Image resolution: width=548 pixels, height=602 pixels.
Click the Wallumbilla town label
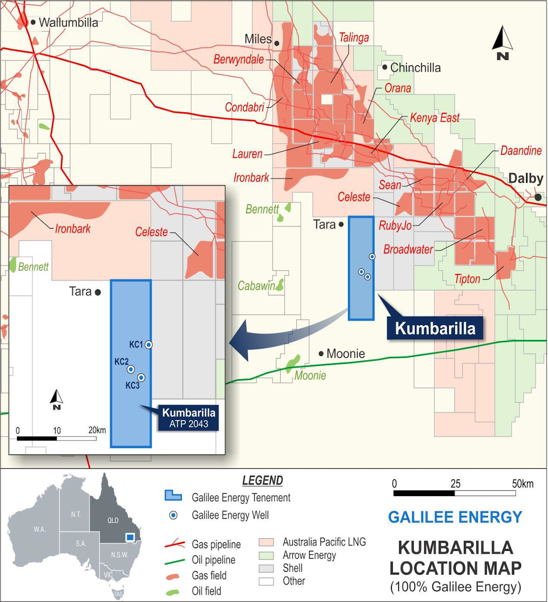(x=68, y=22)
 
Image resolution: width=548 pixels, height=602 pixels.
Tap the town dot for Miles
(x=277, y=43)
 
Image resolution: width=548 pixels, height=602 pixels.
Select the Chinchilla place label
(x=415, y=68)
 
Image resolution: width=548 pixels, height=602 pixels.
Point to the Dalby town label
(x=526, y=178)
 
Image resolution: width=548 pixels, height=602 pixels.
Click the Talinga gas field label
(x=353, y=38)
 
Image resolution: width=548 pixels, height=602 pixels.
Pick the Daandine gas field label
(x=521, y=151)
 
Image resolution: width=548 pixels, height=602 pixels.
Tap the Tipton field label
(x=467, y=279)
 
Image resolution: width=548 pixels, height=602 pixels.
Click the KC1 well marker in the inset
(x=148, y=345)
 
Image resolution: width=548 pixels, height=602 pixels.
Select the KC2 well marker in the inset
(x=131, y=369)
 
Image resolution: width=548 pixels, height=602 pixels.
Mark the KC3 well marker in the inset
(x=141, y=378)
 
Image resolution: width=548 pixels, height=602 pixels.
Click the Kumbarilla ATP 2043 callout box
(x=189, y=418)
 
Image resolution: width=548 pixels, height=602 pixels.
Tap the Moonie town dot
(x=321, y=354)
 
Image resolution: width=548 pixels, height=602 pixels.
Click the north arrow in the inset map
(x=56, y=399)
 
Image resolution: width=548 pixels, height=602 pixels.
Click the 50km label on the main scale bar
(x=522, y=484)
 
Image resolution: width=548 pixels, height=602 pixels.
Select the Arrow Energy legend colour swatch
(x=266, y=555)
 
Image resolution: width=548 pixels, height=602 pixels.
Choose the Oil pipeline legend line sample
(x=175, y=560)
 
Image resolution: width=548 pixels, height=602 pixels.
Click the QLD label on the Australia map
(x=113, y=520)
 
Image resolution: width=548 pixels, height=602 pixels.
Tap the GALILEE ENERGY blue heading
(x=455, y=517)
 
